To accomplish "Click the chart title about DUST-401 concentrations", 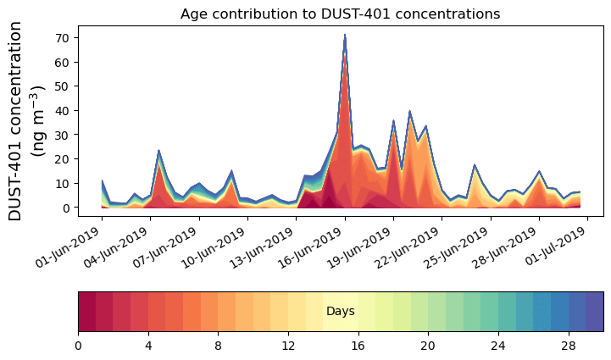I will click(x=340, y=14).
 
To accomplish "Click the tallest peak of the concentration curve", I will click(x=345, y=36).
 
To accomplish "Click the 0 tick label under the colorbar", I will click(x=79, y=346).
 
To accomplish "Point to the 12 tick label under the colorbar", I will click(x=288, y=346).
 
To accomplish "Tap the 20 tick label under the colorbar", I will click(x=428, y=346).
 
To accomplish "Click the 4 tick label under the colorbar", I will click(x=148, y=346).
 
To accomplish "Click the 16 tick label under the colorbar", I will click(x=358, y=346).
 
